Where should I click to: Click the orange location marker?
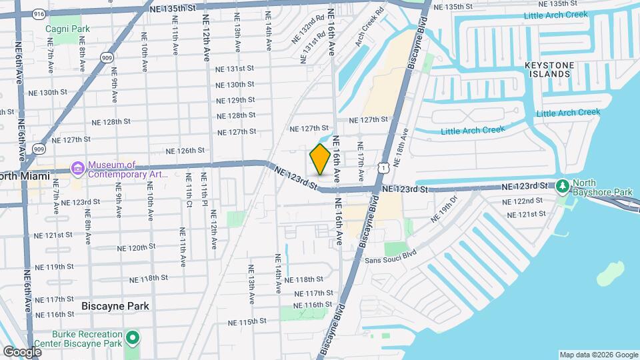click(320, 159)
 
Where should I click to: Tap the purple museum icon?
click(78, 167)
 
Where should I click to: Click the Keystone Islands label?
click(549, 69)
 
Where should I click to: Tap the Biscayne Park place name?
click(115, 306)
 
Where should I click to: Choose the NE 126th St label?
click(185, 151)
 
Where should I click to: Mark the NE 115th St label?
click(247, 321)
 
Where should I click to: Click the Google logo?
click(22, 351)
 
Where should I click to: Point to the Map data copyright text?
click(598, 355)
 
